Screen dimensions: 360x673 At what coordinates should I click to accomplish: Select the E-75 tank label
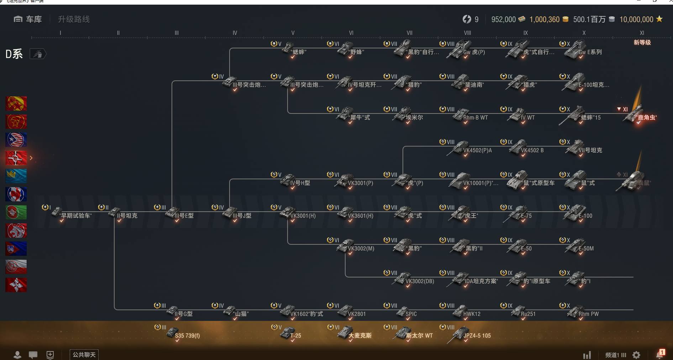click(x=526, y=216)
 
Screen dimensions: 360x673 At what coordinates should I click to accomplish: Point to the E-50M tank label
click(x=586, y=249)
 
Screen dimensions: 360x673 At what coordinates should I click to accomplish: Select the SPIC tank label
click(x=411, y=314)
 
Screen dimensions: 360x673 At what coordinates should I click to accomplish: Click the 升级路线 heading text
click(x=74, y=19)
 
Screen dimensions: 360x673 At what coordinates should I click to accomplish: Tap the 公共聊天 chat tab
click(x=84, y=355)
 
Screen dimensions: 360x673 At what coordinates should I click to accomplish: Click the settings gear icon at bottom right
click(x=636, y=355)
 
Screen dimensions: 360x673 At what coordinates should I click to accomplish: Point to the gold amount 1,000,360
click(x=544, y=20)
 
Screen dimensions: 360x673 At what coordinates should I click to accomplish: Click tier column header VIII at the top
click(x=467, y=33)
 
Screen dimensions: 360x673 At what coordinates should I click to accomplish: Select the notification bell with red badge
click(x=659, y=354)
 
